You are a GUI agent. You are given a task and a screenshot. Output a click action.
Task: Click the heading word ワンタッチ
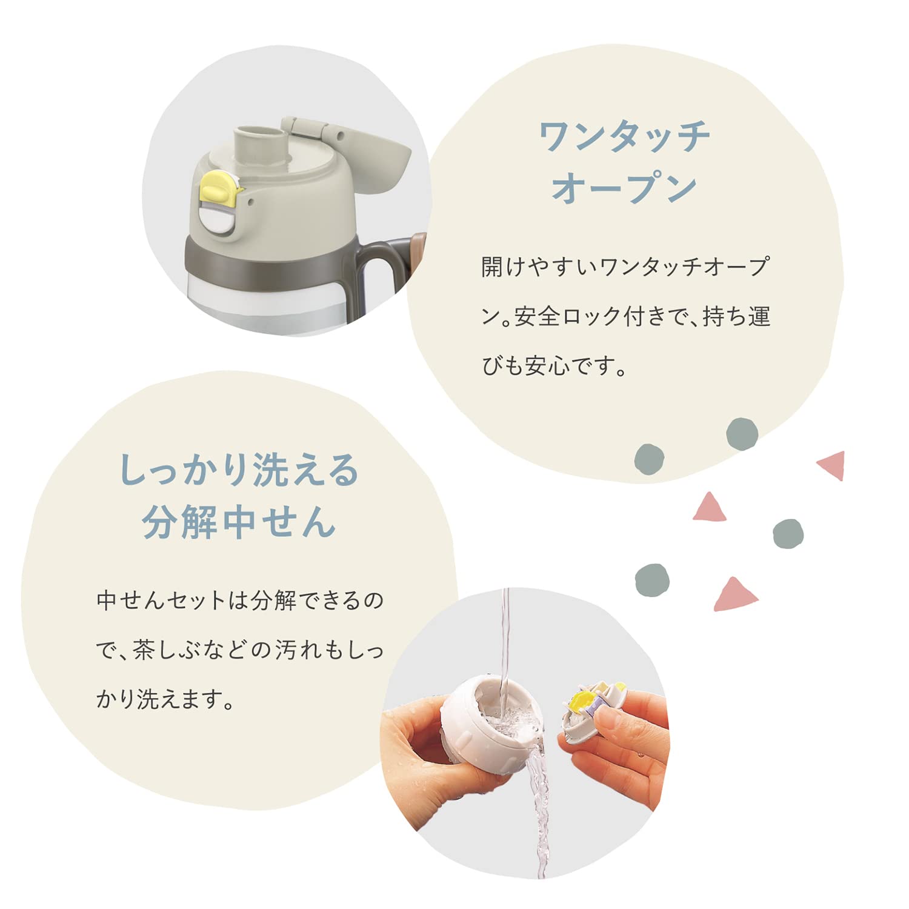tap(624, 137)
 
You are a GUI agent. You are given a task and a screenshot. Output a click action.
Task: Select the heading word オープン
tap(624, 188)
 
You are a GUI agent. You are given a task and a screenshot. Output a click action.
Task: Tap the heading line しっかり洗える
tap(239, 470)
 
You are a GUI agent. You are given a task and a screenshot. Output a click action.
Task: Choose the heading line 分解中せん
tap(239, 521)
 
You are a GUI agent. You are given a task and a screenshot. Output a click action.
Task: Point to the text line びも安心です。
tap(554, 366)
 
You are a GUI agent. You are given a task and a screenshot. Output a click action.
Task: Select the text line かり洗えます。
tap(165, 699)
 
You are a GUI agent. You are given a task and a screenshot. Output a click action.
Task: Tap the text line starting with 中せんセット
tap(240, 601)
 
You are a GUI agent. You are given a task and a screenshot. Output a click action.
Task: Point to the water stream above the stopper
tap(505, 642)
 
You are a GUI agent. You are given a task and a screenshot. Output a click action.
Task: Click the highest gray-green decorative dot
tap(742, 434)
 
